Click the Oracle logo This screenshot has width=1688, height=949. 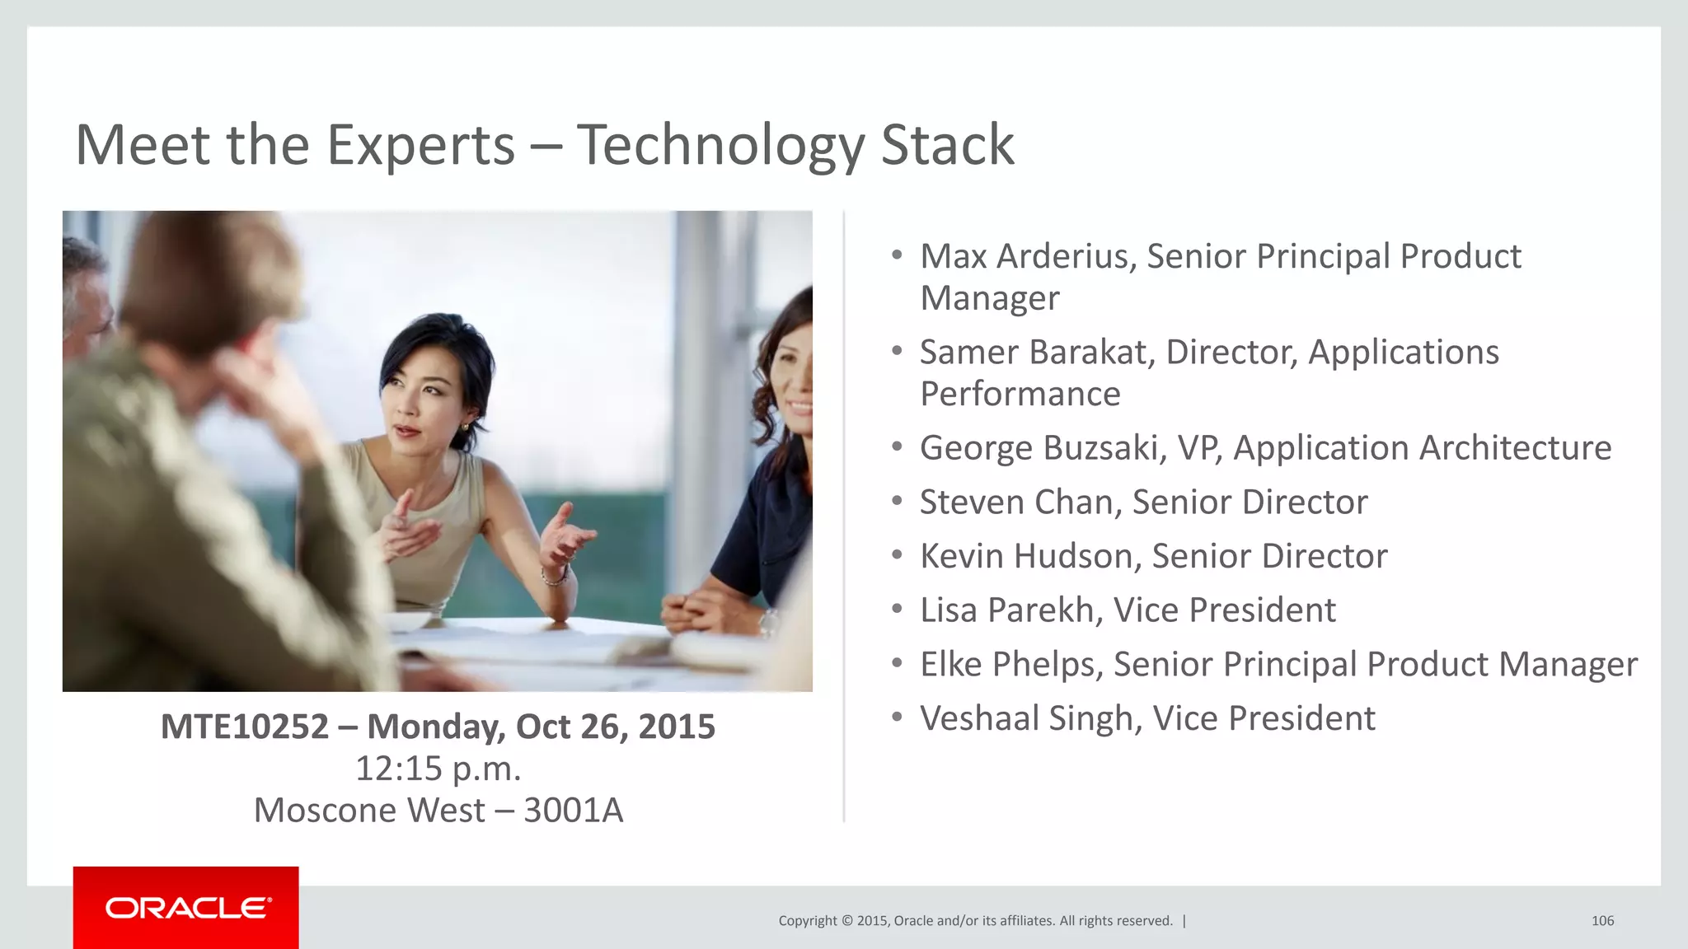point(187,908)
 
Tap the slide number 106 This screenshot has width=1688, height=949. point(1602,921)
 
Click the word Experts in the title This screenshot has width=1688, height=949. point(420,146)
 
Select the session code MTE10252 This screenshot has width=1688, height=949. point(245,727)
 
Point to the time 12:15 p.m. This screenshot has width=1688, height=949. point(438,769)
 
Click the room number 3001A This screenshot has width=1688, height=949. point(573,811)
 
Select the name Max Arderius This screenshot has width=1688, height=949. point(1028,256)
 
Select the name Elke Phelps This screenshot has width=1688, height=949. point(1010,665)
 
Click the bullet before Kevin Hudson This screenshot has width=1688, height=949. point(897,556)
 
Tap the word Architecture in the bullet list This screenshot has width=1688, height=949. point(1515,448)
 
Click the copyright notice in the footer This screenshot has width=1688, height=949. point(975,921)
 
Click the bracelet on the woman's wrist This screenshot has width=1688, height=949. point(554,577)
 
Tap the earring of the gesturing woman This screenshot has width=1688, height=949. point(465,427)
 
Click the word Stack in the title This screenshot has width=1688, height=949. point(947,146)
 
